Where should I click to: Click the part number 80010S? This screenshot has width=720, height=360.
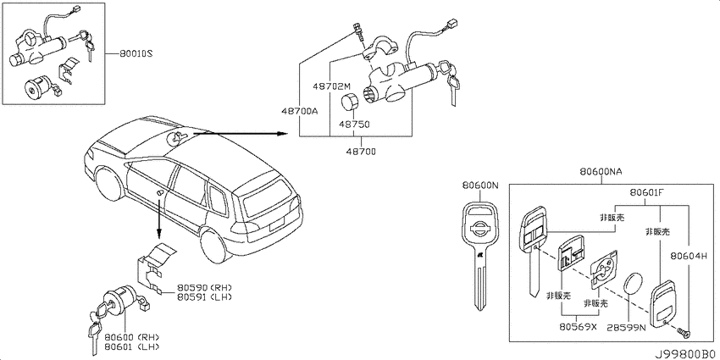click(x=136, y=54)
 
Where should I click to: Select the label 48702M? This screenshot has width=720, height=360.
click(x=331, y=86)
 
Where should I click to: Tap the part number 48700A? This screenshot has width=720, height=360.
click(x=298, y=112)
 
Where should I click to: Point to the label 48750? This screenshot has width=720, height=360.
click(x=354, y=124)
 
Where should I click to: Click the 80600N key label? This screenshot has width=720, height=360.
click(x=479, y=186)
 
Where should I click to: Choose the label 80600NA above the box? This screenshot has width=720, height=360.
click(x=601, y=172)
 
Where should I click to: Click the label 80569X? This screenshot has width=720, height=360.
click(x=578, y=328)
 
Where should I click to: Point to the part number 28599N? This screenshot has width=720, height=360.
click(x=626, y=328)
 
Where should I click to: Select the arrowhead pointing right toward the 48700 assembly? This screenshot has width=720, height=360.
click(x=281, y=134)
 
